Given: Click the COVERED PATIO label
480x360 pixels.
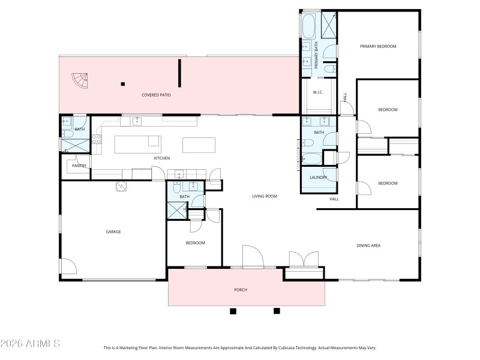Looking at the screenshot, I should pos(157,95).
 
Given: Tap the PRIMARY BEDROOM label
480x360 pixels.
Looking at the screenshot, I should pos(378,46).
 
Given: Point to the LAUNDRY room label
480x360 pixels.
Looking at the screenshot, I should pos(318,178).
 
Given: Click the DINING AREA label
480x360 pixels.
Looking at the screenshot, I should pos(369,245).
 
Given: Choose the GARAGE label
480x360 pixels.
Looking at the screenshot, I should pos(113,232).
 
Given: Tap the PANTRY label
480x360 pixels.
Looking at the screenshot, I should pos(79,166).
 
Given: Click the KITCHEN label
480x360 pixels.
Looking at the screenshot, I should pos(161,158).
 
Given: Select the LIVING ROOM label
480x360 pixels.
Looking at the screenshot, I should pos(264,196).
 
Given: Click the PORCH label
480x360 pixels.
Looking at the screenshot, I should pos(240,290).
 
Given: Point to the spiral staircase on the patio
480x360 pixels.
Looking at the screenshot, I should pos(80,80).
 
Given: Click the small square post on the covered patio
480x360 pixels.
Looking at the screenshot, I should pos(123,84).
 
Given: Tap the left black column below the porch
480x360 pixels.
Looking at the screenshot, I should pos(233,311).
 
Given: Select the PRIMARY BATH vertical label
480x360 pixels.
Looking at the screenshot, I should pos(316,53).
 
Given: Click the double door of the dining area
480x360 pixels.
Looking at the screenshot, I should pos(305,260).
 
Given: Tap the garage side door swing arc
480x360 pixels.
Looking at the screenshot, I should pos(68,266).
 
